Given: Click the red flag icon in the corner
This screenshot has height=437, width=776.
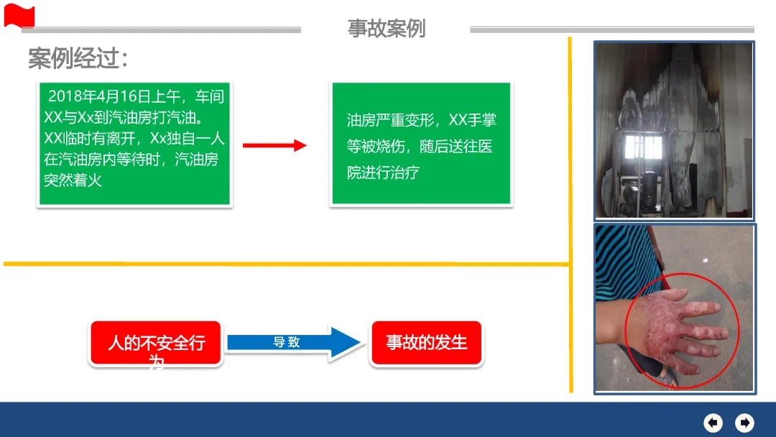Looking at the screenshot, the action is click(x=19, y=15).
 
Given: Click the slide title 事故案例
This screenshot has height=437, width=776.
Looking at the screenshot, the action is click(x=387, y=28).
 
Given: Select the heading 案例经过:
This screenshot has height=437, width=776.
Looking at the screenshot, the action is click(x=78, y=59).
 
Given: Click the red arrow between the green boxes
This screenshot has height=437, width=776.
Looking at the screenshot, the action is click(x=274, y=146).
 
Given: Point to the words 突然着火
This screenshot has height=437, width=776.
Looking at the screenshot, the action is click(x=73, y=180).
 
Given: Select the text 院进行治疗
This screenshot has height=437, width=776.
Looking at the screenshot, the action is click(x=383, y=172).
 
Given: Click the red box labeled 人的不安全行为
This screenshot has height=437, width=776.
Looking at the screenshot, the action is click(x=156, y=344).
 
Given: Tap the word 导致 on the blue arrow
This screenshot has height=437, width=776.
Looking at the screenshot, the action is click(x=286, y=342).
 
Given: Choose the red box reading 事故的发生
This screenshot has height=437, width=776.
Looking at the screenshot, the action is click(x=426, y=343).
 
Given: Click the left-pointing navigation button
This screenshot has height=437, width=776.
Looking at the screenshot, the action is click(x=713, y=422).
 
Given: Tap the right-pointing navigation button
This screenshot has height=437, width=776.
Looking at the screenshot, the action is click(x=745, y=422).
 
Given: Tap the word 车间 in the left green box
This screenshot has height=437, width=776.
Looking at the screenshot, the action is click(x=209, y=96).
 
